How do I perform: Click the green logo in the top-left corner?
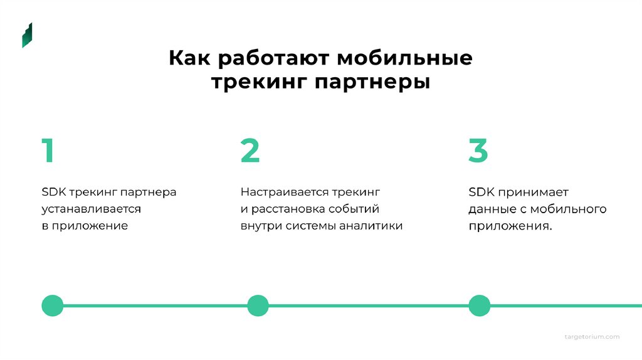[x=27, y=35]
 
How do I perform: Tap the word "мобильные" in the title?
[x=405, y=58]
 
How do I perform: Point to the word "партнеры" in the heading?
[x=372, y=82]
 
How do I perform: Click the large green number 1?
[x=47, y=151]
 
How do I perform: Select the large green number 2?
[x=250, y=151]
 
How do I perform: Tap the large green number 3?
[x=478, y=151]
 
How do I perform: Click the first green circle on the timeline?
[x=52, y=305]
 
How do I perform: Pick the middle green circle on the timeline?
[x=258, y=305]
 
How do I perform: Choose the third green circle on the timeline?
[x=480, y=305]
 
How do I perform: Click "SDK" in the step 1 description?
[x=54, y=192]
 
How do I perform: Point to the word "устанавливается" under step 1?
[x=92, y=209]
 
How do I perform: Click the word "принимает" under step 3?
[x=534, y=192]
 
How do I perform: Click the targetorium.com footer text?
[x=592, y=337]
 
